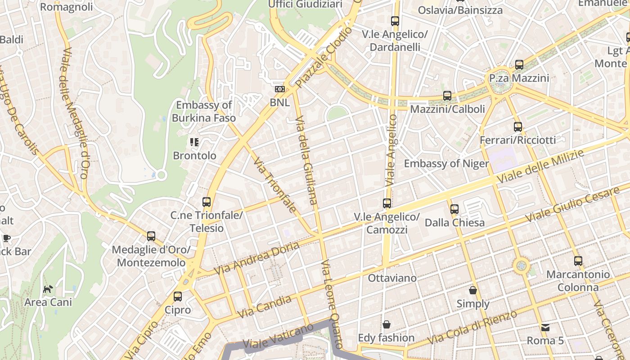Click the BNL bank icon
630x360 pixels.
[x=280, y=89]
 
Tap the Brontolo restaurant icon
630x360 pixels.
[x=194, y=143]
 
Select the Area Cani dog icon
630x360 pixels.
[x=48, y=288]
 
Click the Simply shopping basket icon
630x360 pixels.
[x=472, y=290]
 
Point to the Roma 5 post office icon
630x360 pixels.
[x=545, y=327]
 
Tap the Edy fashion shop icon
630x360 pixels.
[x=386, y=324]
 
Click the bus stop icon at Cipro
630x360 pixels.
[x=178, y=297]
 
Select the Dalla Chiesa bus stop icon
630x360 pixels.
[x=454, y=209]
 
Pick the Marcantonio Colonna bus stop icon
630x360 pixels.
[x=578, y=261]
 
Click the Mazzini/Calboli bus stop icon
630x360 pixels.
[x=447, y=96]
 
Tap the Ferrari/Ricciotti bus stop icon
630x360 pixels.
[x=517, y=127]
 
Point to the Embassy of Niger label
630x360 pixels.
[x=446, y=163]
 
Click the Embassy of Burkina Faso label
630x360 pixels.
[x=204, y=112]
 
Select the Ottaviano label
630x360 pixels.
[x=392, y=278]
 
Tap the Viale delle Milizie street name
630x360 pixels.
[x=540, y=166]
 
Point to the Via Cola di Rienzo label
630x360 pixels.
[x=472, y=328]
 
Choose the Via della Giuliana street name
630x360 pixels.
[x=306, y=160]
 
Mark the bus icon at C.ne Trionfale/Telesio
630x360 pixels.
[x=207, y=202]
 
